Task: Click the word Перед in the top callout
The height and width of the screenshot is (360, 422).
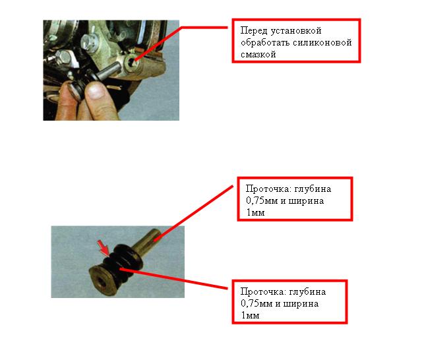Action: click(x=254, y=31)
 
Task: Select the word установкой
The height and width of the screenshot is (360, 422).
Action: click(x=296, y=31)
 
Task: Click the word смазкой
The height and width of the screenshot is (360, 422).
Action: click(x=258, y=55)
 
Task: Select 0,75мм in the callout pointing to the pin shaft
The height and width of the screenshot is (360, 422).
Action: click(x=262, y=201)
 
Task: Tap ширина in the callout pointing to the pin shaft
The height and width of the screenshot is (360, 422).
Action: click(x=306, y=201)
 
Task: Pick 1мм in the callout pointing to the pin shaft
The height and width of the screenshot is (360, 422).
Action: click(x=255, y=213)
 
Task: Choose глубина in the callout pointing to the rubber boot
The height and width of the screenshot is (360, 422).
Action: click(x=307, y=292)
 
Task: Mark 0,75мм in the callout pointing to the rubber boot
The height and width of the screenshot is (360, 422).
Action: click(x=256, y=304)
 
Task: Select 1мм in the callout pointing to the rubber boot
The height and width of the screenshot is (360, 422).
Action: click(x=250, y=316)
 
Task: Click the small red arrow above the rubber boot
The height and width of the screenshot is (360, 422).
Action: click(x=104, y=248)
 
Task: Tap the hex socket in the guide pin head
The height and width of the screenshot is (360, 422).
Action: click(x=102, y=282)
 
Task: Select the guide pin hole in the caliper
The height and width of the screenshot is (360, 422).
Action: click(x=133, y=62)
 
